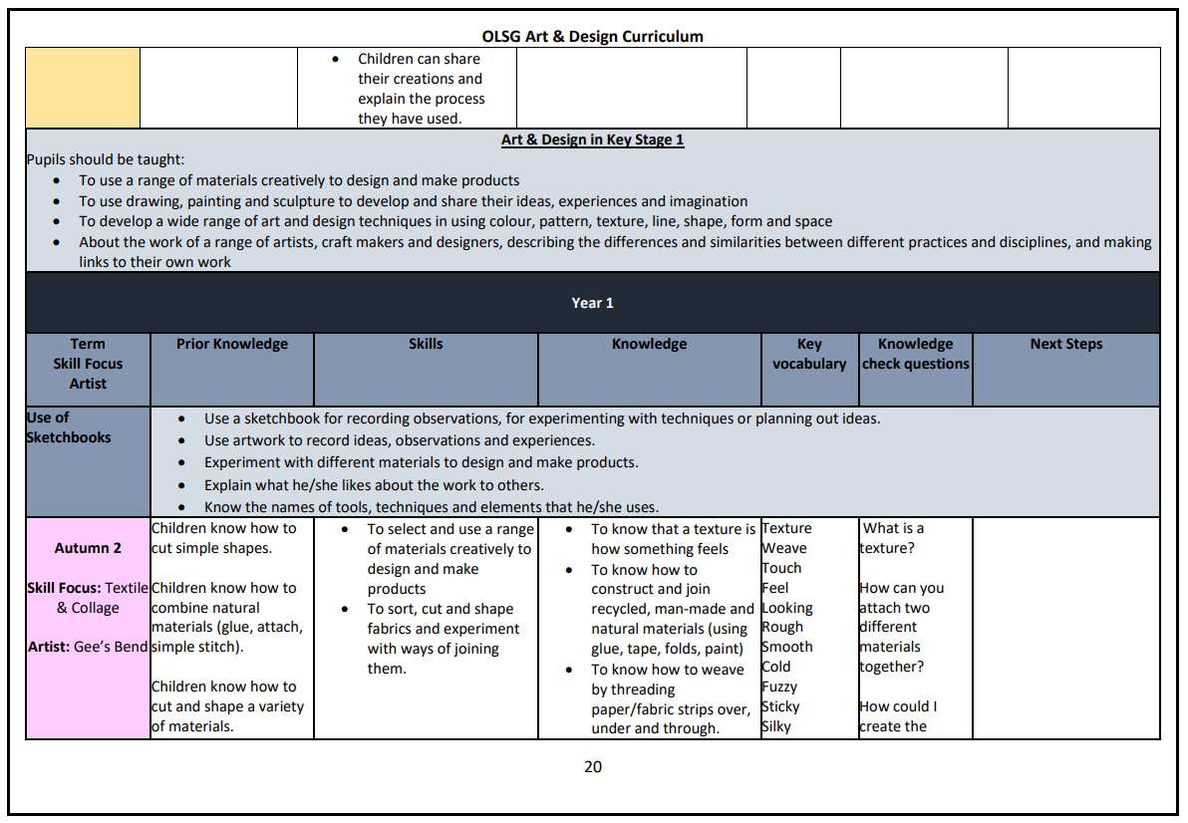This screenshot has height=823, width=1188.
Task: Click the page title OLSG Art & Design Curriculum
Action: (592, 37)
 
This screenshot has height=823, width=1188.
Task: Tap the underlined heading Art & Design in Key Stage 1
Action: (592, 139)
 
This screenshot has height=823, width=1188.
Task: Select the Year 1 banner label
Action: (592, 303)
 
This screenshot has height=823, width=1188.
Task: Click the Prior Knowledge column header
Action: (231, 344)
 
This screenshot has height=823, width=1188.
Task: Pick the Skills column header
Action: (426, 344)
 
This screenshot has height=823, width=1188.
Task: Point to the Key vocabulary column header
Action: (809, 354)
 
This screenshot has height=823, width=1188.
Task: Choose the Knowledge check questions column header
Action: (915, 354)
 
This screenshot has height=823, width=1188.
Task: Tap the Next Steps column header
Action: (1065, 344)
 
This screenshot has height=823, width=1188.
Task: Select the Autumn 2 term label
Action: (88, 548)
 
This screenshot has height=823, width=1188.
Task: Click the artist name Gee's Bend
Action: (111, 647)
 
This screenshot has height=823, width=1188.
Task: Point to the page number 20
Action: (593, 766)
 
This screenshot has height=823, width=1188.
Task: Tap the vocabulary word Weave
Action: (784, 548)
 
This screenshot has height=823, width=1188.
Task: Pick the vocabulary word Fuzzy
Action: (779, 686)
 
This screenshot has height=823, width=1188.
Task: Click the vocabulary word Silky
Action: (776, 726)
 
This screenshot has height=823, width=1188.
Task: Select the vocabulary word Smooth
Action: (786, 647)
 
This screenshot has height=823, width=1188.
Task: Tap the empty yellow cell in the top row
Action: (83, 88)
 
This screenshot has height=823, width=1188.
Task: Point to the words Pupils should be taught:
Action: (106, 159)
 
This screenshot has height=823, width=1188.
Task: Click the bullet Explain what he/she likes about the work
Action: (374, 485)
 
